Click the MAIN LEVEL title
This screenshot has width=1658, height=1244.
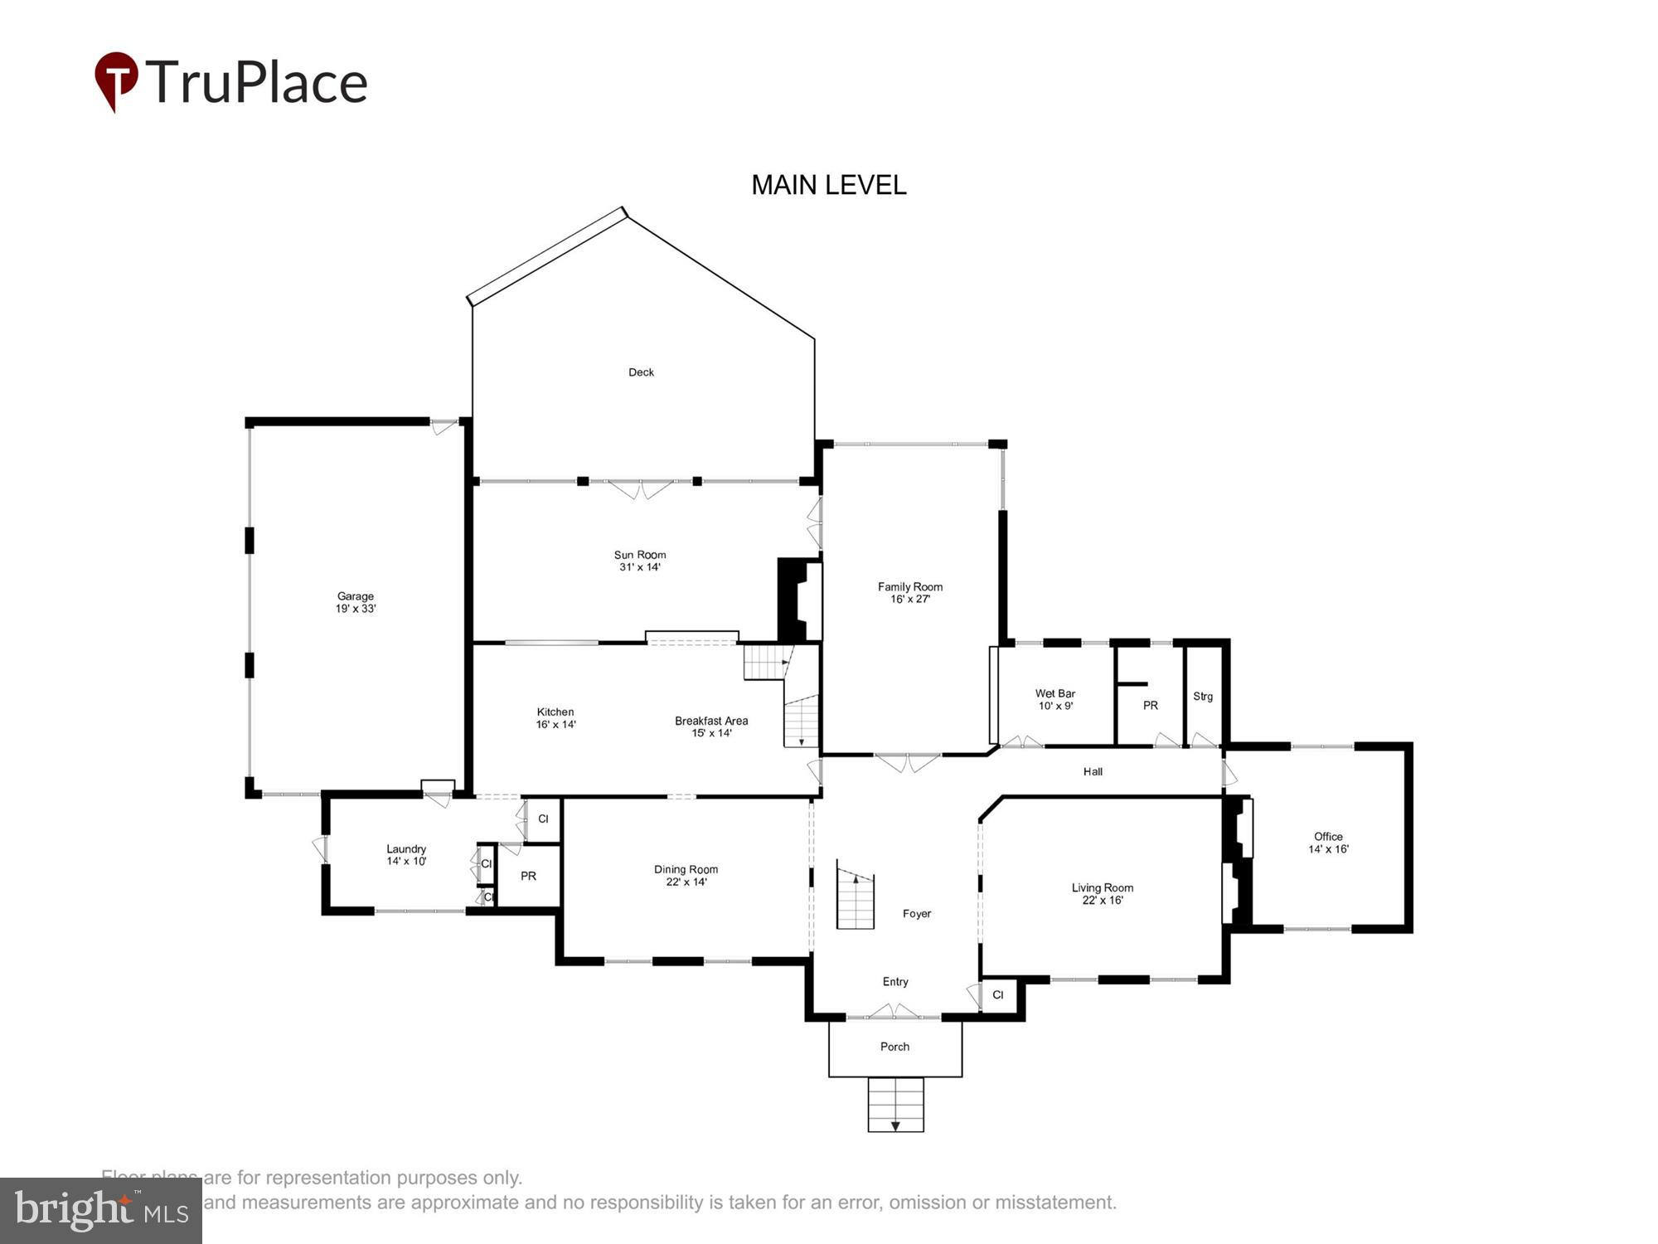coord(828,185)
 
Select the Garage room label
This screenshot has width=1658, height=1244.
coord(356,602)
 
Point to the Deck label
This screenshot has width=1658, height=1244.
coord(641,372)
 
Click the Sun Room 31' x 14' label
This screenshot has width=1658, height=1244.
coord(639,561)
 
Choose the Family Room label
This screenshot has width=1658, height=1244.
coord(910,592)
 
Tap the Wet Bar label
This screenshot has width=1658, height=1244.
coord(1055,699)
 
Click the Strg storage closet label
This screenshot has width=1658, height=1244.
coord(1203,697)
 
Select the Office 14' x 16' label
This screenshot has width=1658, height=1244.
coord(1328,843)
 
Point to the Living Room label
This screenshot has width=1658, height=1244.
coord(1102,893)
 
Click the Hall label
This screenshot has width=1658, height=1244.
coord(1093,772)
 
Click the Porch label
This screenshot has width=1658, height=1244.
coord(894,1047)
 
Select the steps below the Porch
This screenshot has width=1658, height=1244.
coord(895,1105)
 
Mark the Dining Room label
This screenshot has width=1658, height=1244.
coord(686,875)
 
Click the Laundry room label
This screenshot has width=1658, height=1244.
coord(406,855)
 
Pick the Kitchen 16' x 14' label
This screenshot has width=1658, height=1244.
coord(555,718)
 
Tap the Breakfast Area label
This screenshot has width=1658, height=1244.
coord(711,726)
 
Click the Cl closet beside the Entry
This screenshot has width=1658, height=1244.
coord(998,995)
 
